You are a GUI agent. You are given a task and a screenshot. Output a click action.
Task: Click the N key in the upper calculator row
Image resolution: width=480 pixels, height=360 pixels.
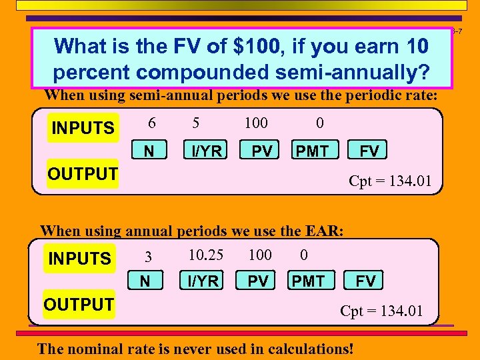pyautogui.click(x=149, y=151)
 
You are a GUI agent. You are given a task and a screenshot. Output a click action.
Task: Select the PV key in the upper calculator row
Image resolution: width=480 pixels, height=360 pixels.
pyautogui.click(x=261, y=151)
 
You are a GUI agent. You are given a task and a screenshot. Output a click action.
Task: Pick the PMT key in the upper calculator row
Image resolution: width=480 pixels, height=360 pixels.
pyautogui.click(x=312, y=151)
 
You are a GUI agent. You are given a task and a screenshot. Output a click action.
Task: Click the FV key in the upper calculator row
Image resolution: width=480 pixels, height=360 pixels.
pyautogui.click(x=369, y=151)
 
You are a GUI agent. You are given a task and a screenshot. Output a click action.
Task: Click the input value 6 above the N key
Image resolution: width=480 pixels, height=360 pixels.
pyautogui.click(x=152, y=123)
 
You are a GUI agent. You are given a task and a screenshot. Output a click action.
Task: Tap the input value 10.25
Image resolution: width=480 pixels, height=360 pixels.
pyautogui.click(x=206, y=255)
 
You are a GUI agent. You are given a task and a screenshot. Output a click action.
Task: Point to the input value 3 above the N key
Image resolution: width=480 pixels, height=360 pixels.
pyautogui.click(x=149, y=257)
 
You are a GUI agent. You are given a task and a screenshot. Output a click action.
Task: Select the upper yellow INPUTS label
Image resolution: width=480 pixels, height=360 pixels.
pyautogui.click(x=83, y=128)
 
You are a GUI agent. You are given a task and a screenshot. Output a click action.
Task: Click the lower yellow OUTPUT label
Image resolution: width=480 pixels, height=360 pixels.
pyautogui.click(x=79, y=305)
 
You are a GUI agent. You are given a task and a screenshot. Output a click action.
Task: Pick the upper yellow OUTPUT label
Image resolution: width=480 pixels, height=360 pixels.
pyautogui.click(x=83, y=175)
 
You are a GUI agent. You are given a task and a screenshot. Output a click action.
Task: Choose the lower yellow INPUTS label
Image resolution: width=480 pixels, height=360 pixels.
pyautogui.click(x=79, y=259)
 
